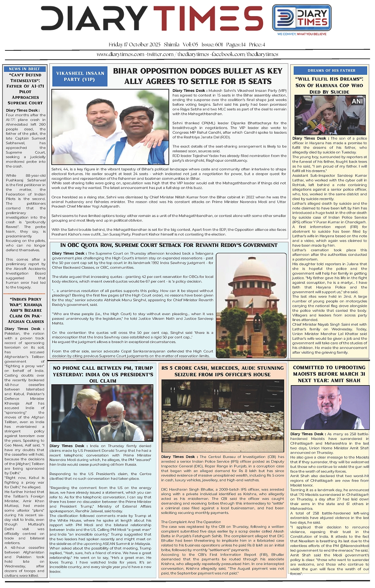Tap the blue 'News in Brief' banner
coord(25,69)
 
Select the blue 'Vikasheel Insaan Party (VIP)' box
coord(80,76)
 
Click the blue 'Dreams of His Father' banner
coord(331,70)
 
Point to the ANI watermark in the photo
coord(357,101)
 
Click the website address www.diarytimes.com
coord(120,54)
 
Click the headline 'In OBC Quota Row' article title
coord(169,245)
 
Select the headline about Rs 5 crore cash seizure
coord(222,371)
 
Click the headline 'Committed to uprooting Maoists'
coord(329,374)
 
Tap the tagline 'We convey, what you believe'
coord(302,34)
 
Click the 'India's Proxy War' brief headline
coord(26,310)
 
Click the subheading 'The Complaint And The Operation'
coord(186,522)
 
